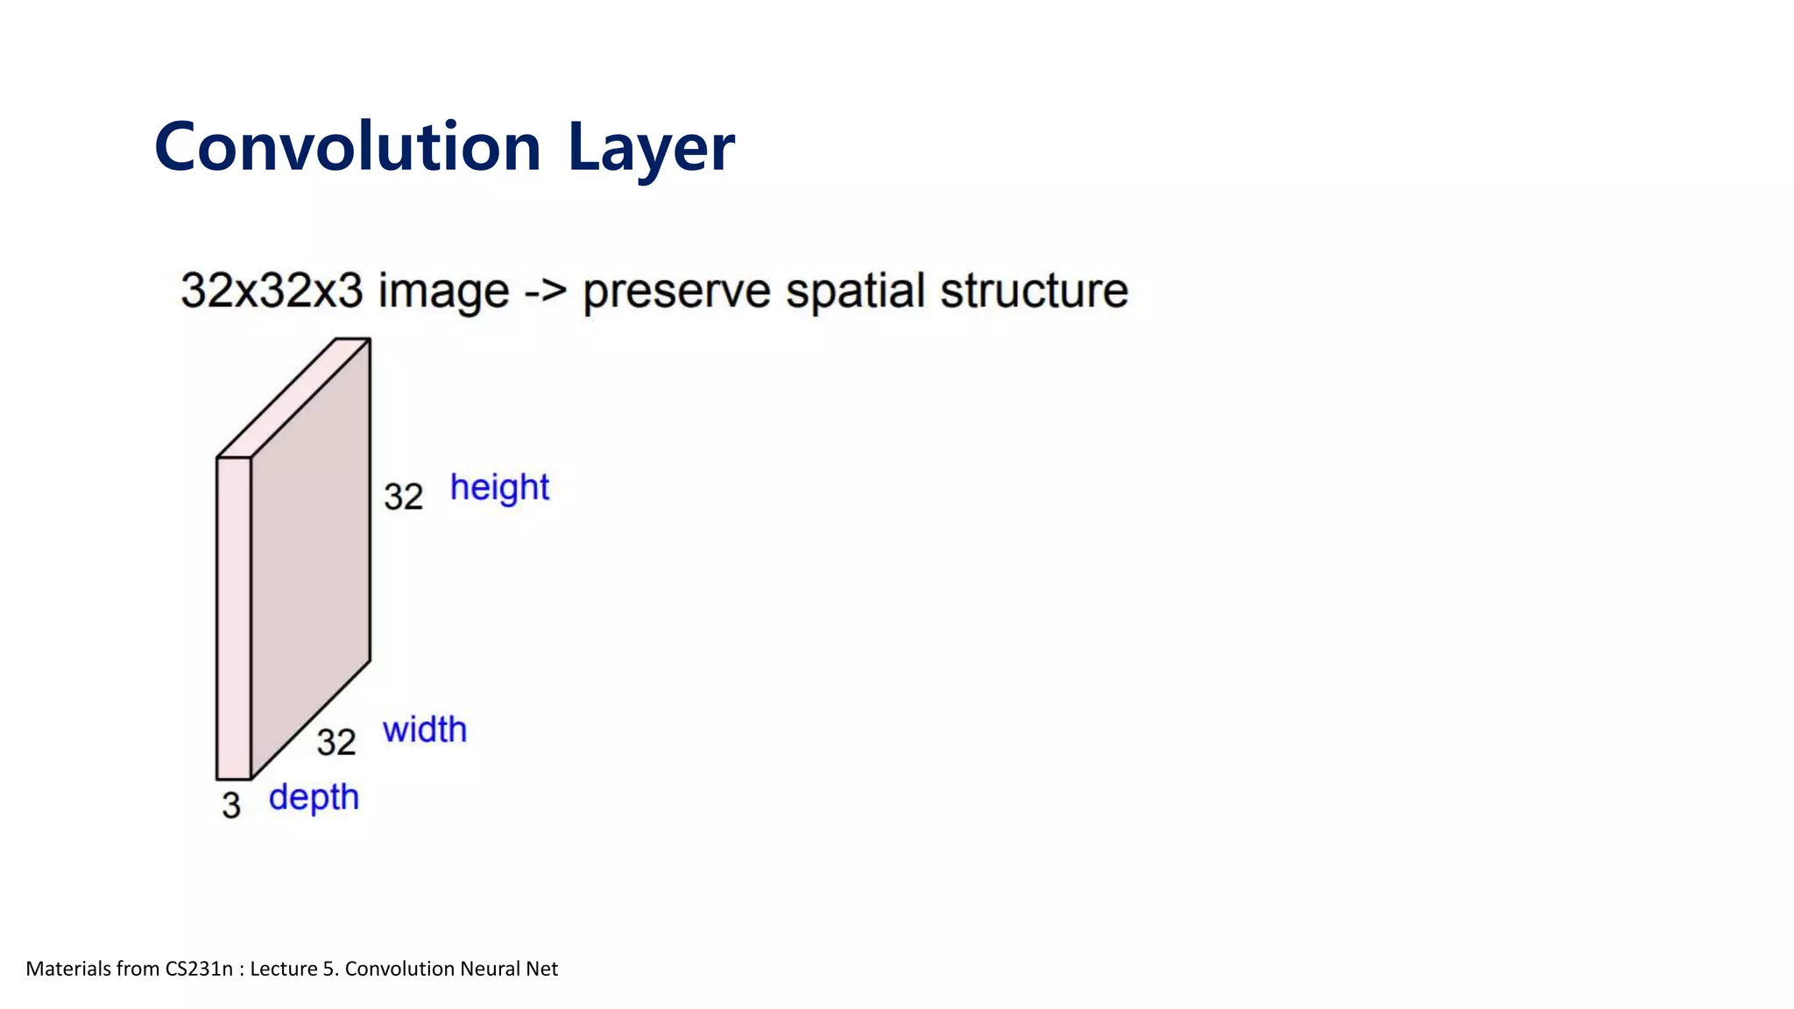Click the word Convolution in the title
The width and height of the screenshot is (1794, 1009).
point(348,147)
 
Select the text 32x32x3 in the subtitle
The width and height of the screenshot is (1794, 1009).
point(271,291)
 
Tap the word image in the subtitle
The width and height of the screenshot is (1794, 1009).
point(443,293)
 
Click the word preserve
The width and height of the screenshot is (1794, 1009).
point(676,293)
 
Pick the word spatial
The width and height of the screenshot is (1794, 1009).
point(855,293)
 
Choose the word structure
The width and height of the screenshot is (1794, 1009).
point(1034,291)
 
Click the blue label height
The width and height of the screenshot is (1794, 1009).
point(499,488)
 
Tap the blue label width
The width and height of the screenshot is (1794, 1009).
point(425,730)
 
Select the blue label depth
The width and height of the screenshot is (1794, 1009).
point(314,798)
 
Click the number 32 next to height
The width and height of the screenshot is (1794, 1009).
point(404,497)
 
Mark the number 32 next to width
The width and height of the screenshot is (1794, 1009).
point(336,743)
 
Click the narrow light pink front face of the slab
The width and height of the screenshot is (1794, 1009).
point(234,617)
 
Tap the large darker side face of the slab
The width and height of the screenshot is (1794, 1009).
point(311,561)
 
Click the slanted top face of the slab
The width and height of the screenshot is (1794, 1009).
point(294,398)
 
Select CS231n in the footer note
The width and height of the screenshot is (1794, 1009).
point(199,969)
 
